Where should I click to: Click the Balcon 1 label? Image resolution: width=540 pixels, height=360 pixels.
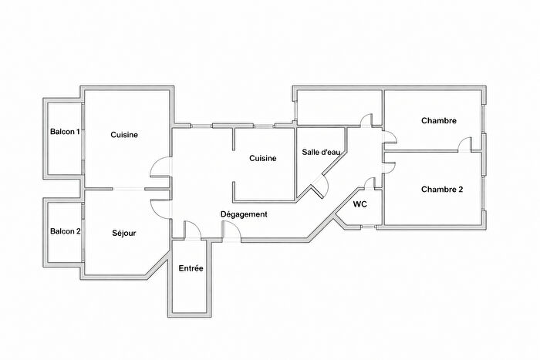pos(65,132)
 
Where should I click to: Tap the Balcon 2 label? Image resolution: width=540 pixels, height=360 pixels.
pos(65,231)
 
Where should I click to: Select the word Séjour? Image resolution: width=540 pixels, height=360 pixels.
pos(123,233)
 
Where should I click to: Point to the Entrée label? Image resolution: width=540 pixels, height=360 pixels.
pos(191,268)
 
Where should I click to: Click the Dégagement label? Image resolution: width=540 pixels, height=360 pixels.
pos(244,214)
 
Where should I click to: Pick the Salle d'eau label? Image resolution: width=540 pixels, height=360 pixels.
pos(321,153)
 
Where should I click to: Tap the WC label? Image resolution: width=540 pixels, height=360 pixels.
pos(359,205)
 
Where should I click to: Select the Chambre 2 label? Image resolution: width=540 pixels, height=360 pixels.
pos(442,190)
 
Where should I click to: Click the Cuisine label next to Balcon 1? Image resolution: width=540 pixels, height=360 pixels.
pos(123,135)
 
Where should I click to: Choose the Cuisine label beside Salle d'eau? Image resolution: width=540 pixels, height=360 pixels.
pos(263,158)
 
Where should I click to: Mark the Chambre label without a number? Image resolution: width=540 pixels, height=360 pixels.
pos(438,120)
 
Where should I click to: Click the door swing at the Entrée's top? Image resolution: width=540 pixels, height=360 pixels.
pos(191,230)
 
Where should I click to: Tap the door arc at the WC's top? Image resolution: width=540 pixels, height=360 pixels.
pos(370,183)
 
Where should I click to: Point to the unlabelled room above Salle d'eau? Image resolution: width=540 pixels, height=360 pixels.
pos(339,107)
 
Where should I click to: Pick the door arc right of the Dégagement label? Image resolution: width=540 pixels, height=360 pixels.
pos(230,230)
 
